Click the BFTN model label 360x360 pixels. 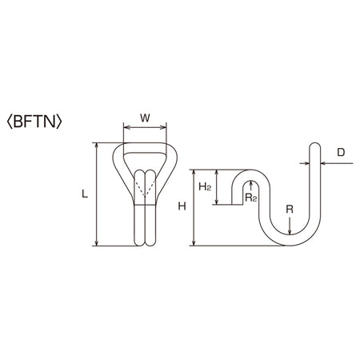pyautogui.click(x=34, y=122)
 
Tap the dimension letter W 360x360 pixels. pyautogui.click(x=145, y=118)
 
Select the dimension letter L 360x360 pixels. pyautogui.click(x=85, y=194)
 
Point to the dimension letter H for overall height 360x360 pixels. pyautogui.click(x=182, y=206)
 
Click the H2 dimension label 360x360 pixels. pyautogui.click(x=205, y=187)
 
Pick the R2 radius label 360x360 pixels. pyautogui.click(x=251, y=198)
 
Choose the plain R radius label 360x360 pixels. pyautogui.click(x=290, y=210)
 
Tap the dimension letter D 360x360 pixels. pyautogui.click(x=341, y=153)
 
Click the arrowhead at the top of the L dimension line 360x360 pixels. pyautogui.click(x=97, y=145)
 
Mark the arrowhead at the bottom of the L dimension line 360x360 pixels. pyautogui.click(x=97, y=243)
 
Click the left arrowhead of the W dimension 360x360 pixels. pyautogui.click(x=126, y=128)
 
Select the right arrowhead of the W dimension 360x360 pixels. pyautogui.click(x=164, y=128)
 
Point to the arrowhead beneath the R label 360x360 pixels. pyautogui.click(x=290, y=232)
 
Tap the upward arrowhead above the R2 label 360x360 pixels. pyautogui.click(x=250, y=183)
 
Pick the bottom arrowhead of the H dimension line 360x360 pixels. pyautogui.click(x=194, y=243)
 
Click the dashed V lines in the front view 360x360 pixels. pyautogui.click(x=145, y=188)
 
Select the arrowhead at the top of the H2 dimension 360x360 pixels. pyautogui.click(x=217, y=172)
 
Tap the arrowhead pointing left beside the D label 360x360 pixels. pyautogui.click(x=323, y=163)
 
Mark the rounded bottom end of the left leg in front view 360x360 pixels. pyautogui.click(x=139, y=242)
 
